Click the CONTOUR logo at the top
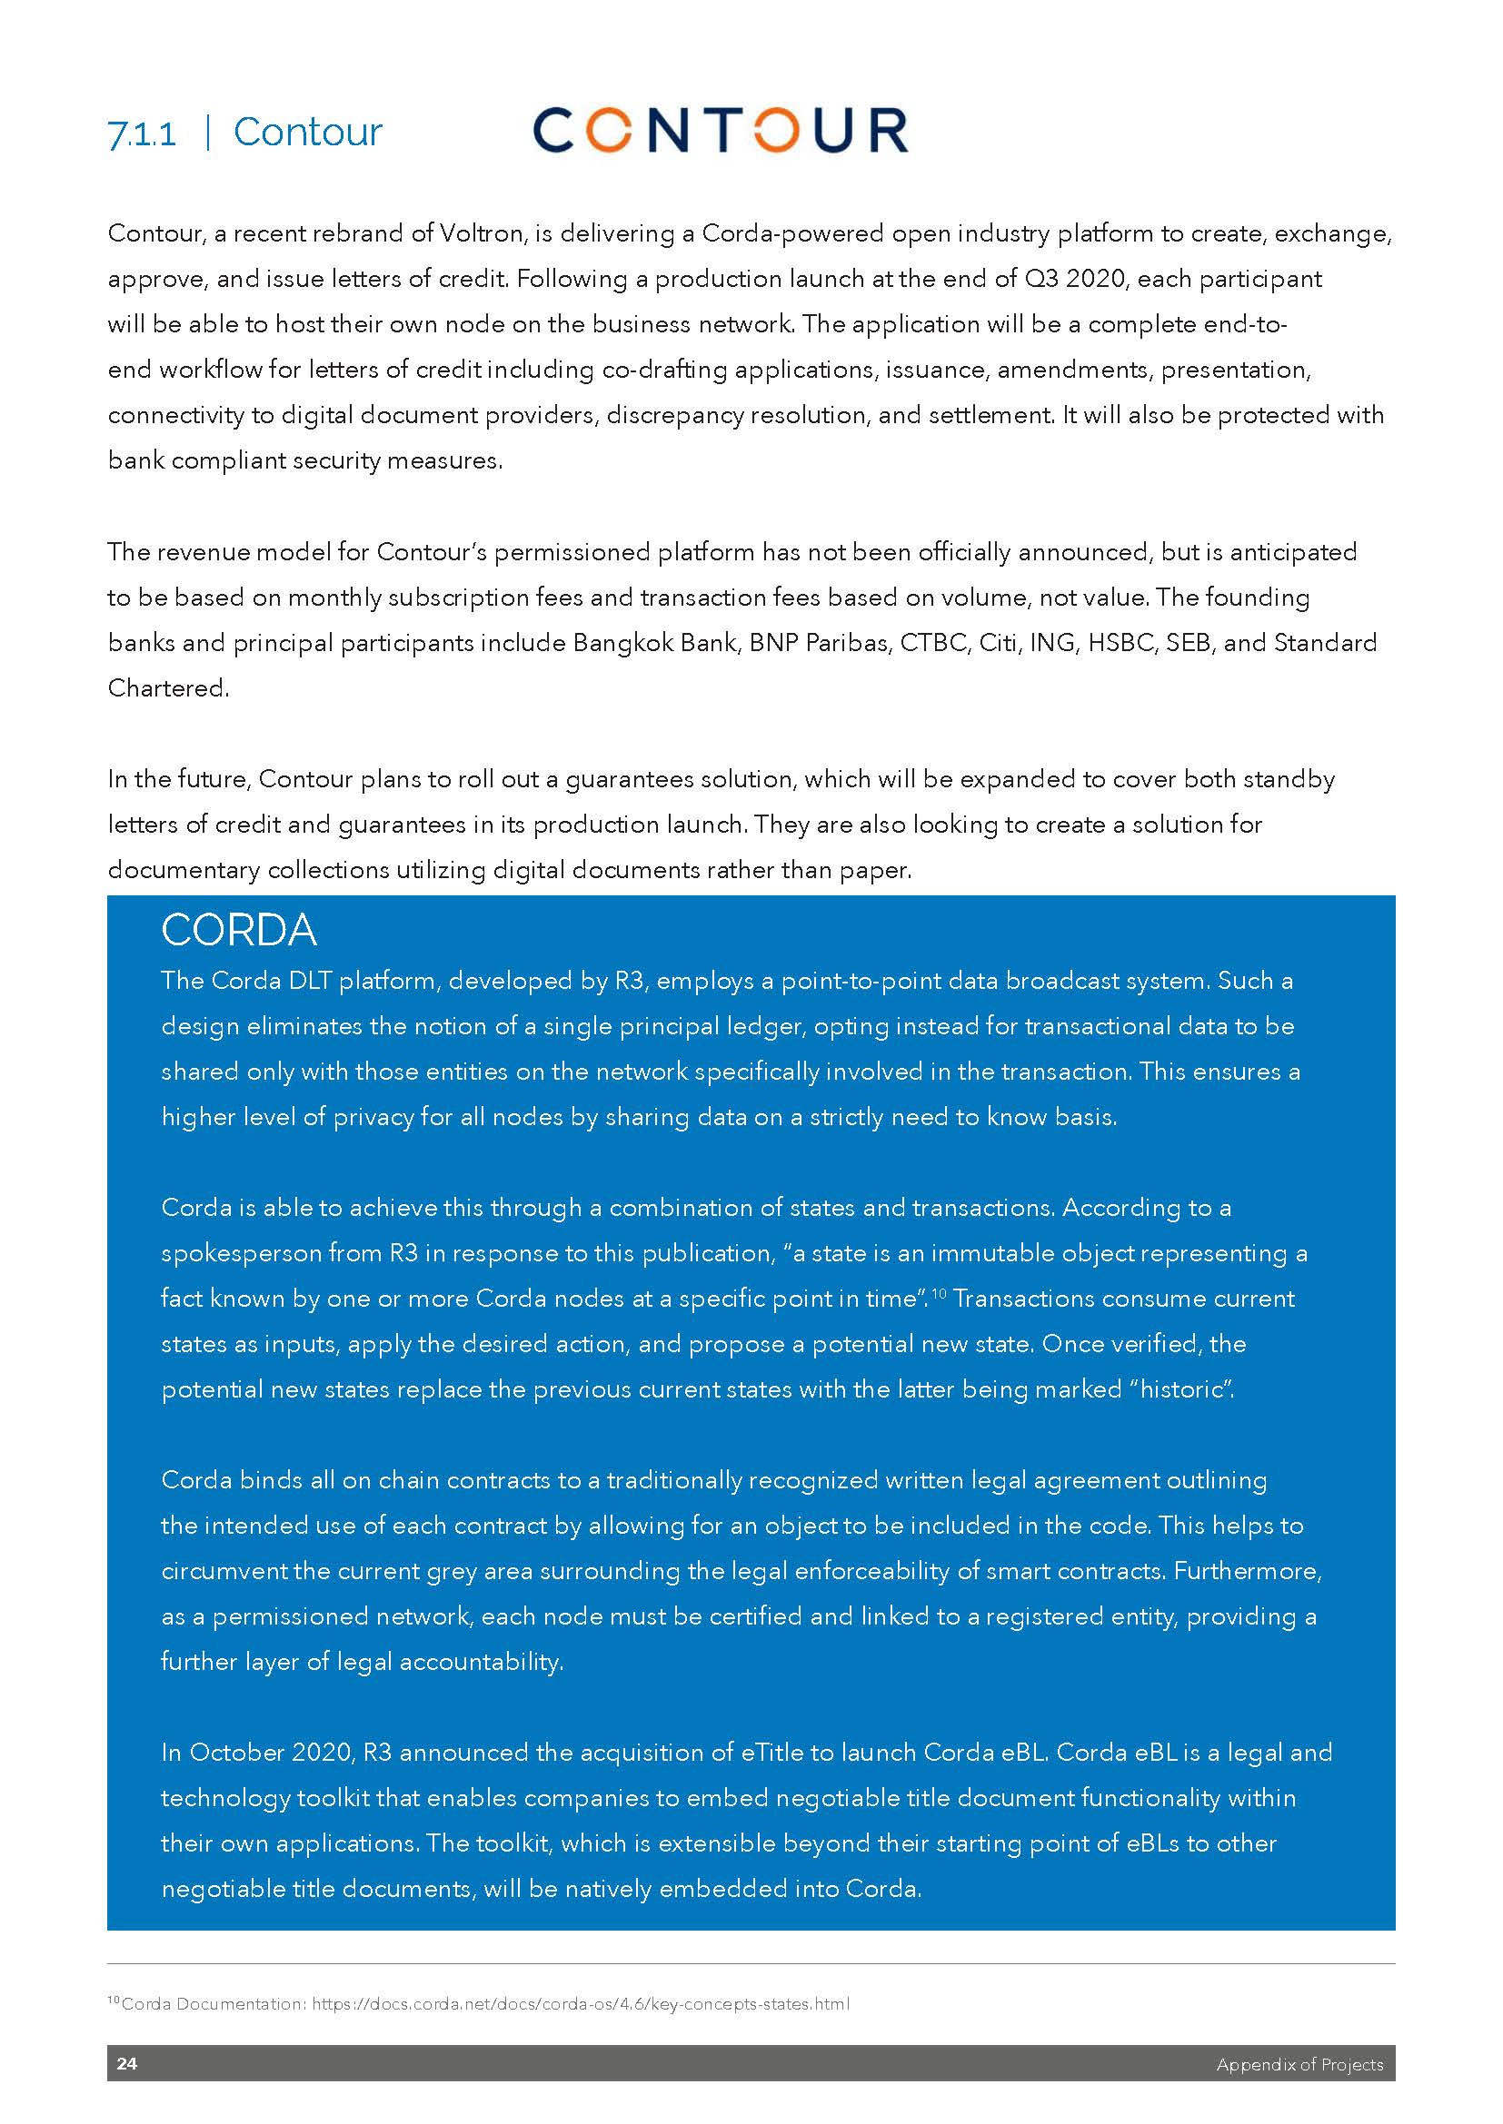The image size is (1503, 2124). tap(720, 131)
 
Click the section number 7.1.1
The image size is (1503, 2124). tap(142, 135)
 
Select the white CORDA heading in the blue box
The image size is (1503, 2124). tap(239, 931)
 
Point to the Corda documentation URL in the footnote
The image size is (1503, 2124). tap(581, 2004)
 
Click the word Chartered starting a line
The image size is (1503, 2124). tap(167, 688)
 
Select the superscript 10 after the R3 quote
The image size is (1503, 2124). tap(938, 1293)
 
